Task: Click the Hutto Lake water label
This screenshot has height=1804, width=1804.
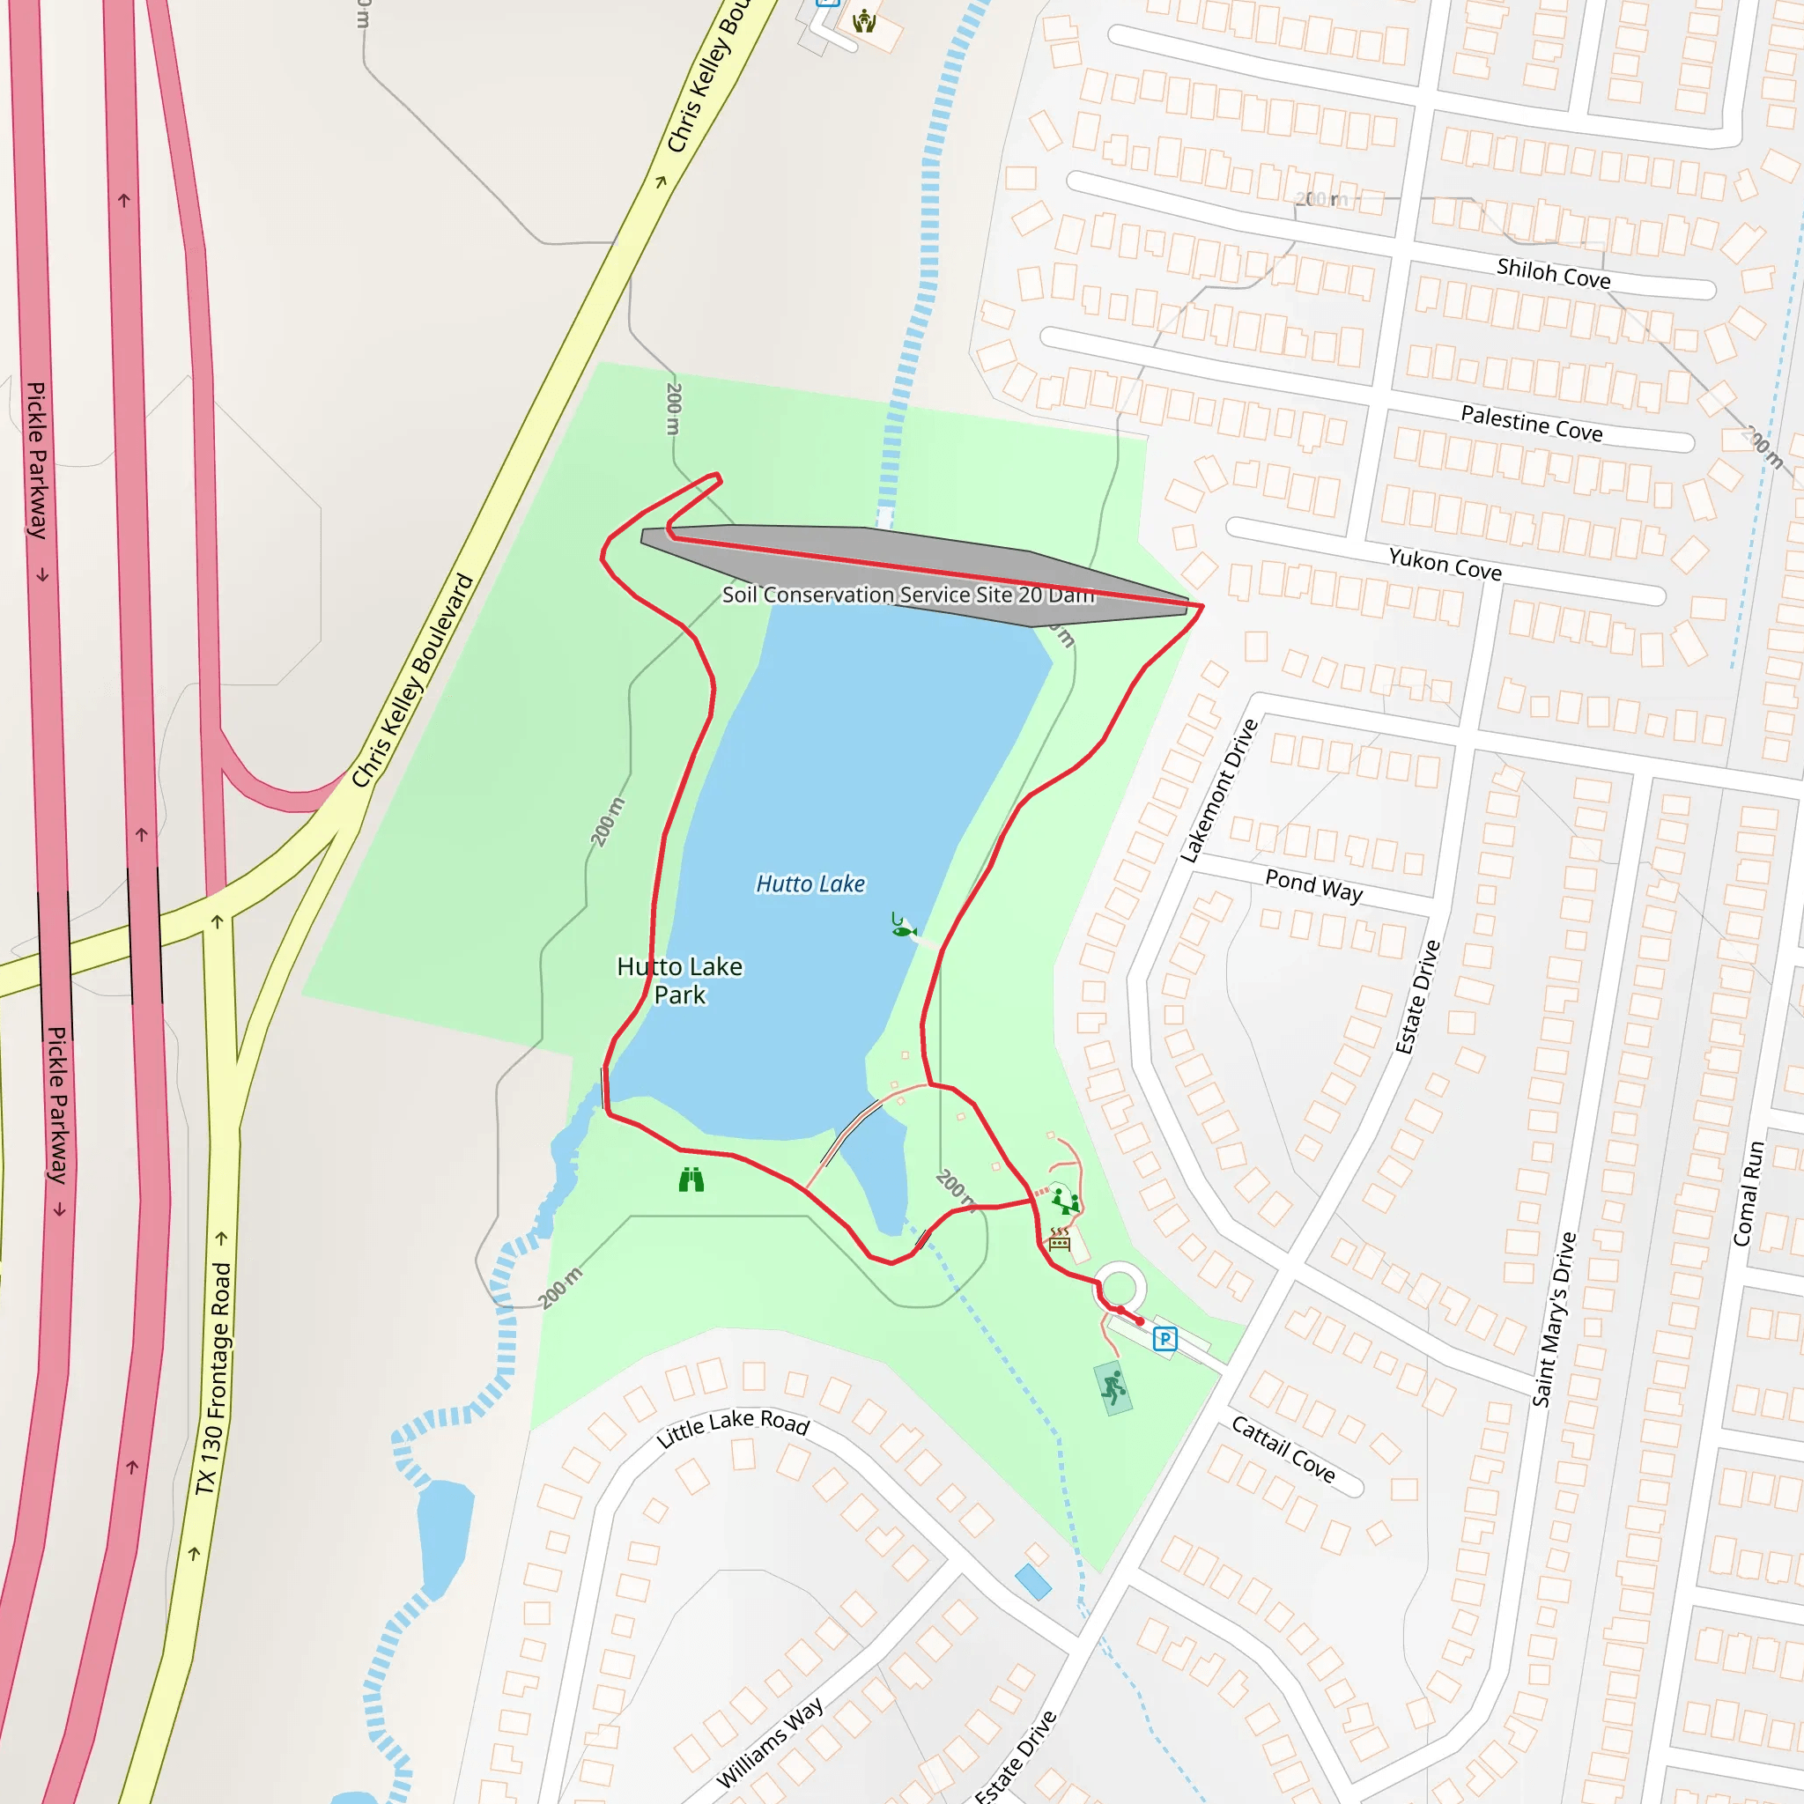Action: point(810,884)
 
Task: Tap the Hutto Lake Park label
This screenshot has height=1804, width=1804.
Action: point(680,980)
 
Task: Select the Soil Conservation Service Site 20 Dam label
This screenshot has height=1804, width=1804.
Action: point(907,595)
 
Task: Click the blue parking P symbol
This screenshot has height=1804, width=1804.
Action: point(1164,1339)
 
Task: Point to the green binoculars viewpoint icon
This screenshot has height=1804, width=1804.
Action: point(691,1180)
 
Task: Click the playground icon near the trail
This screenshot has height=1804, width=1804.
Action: point(1064,1201)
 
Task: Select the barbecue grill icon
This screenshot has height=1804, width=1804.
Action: point(1059,1239)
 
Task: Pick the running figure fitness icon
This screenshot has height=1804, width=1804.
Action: point(1113,1388)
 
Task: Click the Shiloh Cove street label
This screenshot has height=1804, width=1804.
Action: point(1553,274)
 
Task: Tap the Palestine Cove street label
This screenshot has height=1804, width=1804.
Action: point(1531,423)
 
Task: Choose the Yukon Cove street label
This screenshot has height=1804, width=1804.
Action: point(1445,564)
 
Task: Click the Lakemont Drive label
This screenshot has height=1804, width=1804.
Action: point(1218,791)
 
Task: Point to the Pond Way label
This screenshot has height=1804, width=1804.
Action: point(1313,885)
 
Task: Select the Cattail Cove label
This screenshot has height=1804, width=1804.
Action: point(1283,1449)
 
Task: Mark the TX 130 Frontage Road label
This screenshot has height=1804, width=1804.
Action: point(213,1379)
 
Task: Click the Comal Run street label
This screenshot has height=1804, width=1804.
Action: point(1748,1194)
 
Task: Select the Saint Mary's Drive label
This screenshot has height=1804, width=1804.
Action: point(1554,1319)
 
